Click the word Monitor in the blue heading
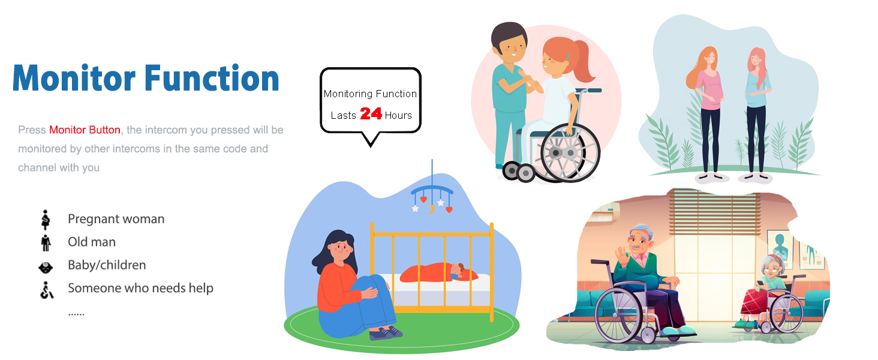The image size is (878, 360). (x=74, y=79)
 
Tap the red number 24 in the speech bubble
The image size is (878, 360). (x=371, y=114)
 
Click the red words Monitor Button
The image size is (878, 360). (x=85, y=130)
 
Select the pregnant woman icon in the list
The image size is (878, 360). (x=46, y=220)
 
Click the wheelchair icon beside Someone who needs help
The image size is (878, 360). (x=47, y=290)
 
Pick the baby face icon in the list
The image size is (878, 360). (x=46, y=268)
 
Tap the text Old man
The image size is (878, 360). (x=92, y=242)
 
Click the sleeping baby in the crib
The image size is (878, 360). (x=439, y=272)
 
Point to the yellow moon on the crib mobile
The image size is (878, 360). (x=431, y=209)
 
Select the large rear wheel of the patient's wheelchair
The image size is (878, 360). (x=570, y=153)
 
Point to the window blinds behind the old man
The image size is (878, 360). (x=714, y=212)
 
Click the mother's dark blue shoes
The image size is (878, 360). (x=386, y=333)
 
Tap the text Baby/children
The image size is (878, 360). (x=107, y=265)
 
